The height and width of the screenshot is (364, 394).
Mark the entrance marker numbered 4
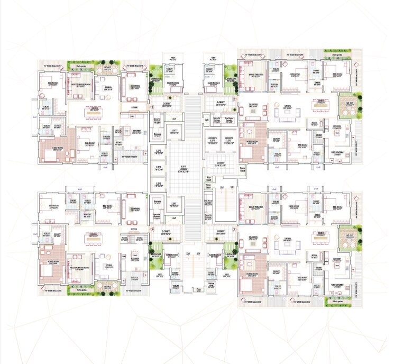point(153,229)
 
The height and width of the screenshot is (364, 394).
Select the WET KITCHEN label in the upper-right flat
point(337,151)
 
